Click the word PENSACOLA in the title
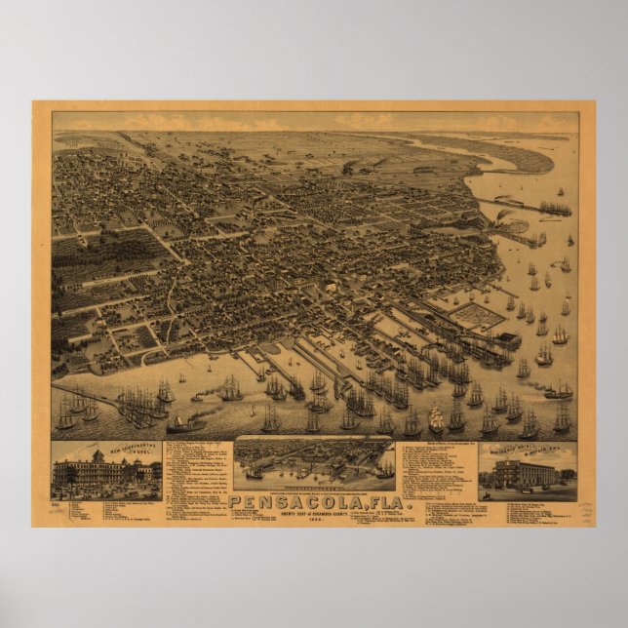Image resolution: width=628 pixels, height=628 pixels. (293, 500)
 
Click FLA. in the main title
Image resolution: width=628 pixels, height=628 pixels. (369, 500)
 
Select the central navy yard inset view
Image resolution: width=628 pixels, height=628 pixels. (314, 463)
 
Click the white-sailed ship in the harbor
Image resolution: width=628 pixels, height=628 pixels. (436, 419)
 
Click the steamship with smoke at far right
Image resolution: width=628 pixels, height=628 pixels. (558, 392)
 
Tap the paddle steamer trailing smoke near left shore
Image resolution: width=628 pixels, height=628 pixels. (185, 424)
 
